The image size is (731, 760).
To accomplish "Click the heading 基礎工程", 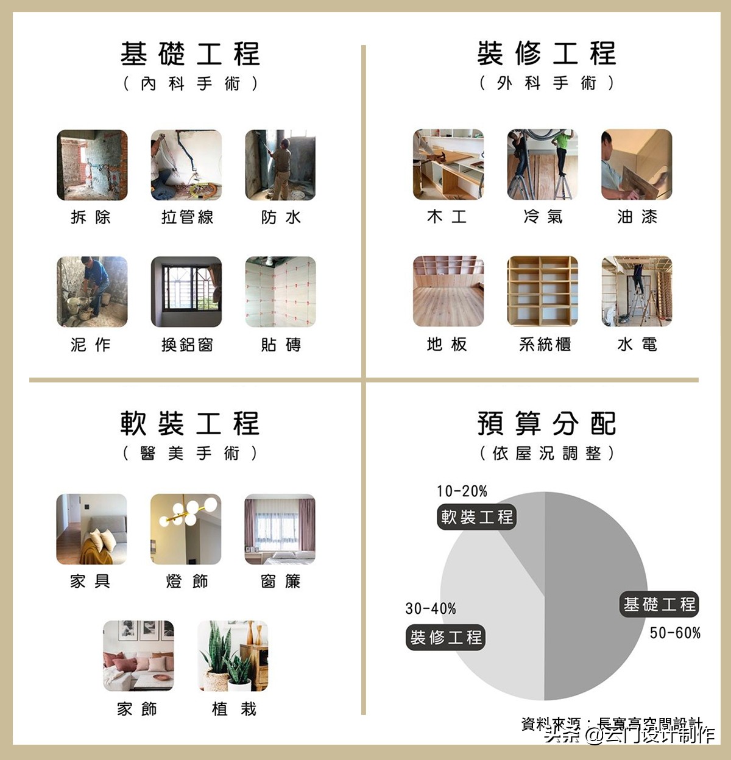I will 190,54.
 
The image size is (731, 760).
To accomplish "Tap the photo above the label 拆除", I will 92,165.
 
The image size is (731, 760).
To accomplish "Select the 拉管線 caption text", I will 187,217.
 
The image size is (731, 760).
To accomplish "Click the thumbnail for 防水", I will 280,165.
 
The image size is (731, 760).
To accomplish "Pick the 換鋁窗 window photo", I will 186,292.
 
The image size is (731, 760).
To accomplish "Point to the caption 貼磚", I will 281,345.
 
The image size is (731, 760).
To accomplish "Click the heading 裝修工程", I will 546,54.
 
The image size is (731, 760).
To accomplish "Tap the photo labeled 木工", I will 448,164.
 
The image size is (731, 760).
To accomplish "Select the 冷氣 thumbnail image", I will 542,164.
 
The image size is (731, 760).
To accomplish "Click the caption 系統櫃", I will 545,345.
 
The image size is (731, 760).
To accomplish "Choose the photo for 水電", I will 637,291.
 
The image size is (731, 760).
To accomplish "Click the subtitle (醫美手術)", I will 190,453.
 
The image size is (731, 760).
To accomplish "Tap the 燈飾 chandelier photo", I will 186,529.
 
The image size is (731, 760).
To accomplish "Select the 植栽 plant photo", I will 233,656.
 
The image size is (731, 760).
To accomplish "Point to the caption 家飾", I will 137,709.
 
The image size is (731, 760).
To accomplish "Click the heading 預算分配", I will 546,424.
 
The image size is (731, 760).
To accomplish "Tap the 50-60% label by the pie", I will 675,633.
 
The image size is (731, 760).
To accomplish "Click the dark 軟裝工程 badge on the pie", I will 477,517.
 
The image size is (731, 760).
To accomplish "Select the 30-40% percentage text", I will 431,608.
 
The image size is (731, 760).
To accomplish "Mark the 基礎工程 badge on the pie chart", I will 659,605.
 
